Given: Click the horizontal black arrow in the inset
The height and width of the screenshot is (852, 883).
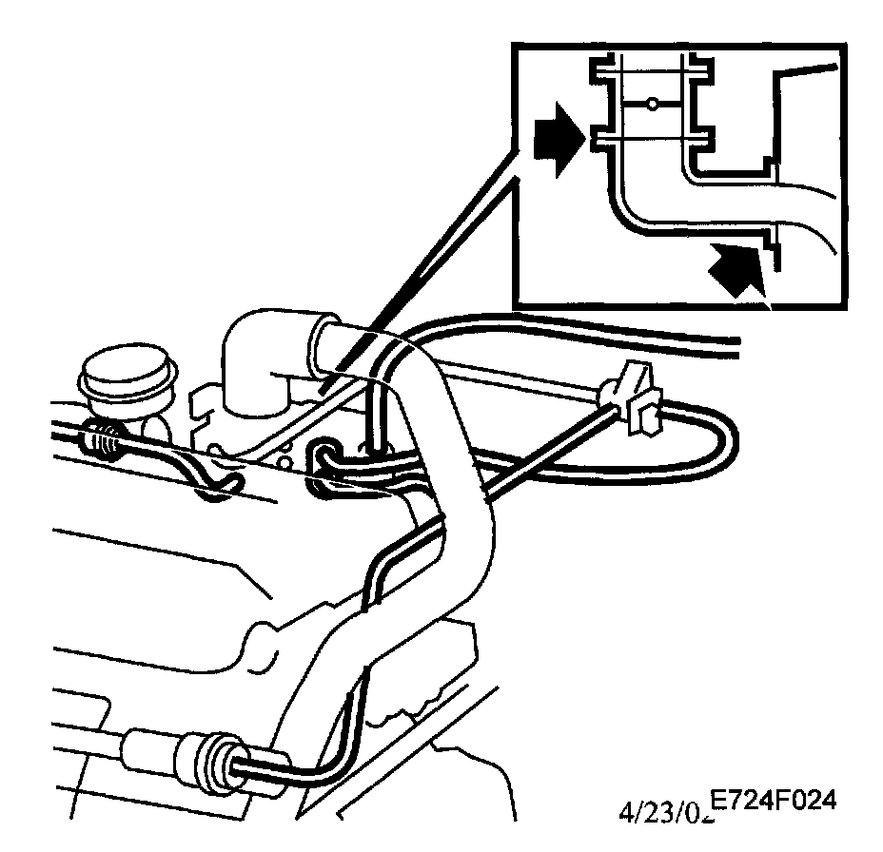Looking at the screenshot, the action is (555, 143).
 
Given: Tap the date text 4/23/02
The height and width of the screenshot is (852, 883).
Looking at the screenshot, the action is (660, 813).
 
